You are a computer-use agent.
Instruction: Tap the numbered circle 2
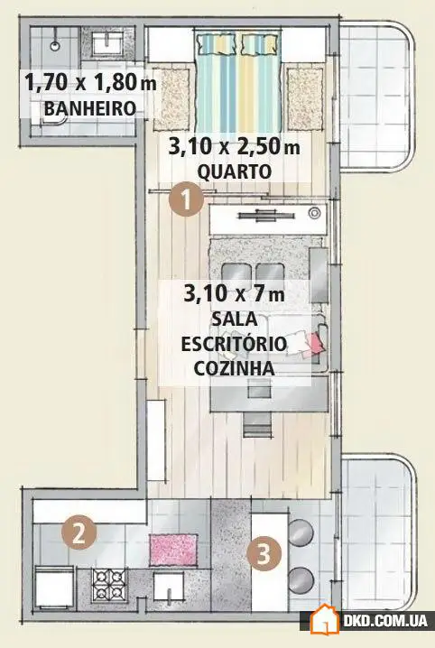coord(79,532)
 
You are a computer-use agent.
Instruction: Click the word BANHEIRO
coord(89,110)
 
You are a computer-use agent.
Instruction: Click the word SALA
coord(235,319)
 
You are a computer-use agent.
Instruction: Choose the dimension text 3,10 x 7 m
coord(234,294)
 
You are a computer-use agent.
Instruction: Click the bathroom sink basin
coord(111,42)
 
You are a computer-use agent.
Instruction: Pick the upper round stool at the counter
coord(301,531)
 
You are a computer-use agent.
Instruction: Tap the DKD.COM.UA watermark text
coord(385,623)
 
